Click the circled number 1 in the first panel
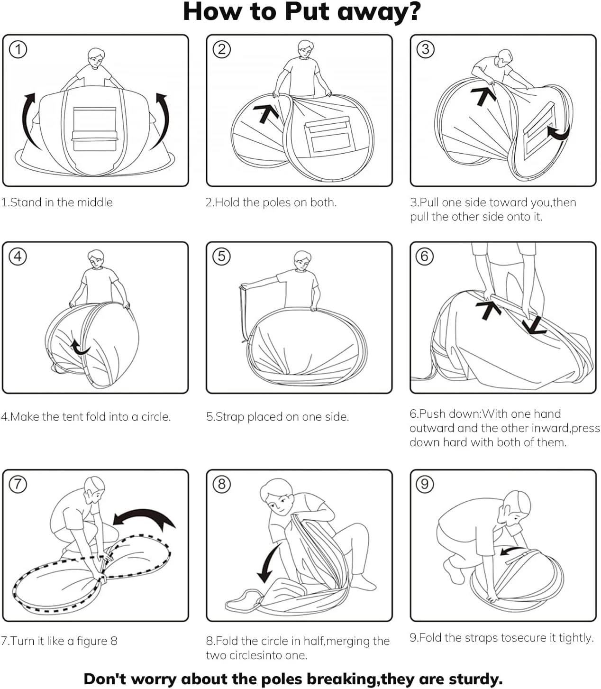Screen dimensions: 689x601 click(x=18, y=49)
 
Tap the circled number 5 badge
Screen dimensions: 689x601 click(x=221, y=256)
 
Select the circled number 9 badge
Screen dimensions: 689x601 click(x=425, y=484)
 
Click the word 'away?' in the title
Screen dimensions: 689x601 click(x=377, y=11)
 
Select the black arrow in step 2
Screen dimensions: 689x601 click(x=266, y=112)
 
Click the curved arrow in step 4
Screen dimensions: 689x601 click(x=80, y=348)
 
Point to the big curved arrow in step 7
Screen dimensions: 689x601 click(x=144, y=518)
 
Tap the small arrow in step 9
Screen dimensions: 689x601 click(x=510, y=550)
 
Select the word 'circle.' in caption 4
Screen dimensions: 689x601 click(x=155, y=417)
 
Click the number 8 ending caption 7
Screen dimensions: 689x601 click(x=114, y=641)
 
